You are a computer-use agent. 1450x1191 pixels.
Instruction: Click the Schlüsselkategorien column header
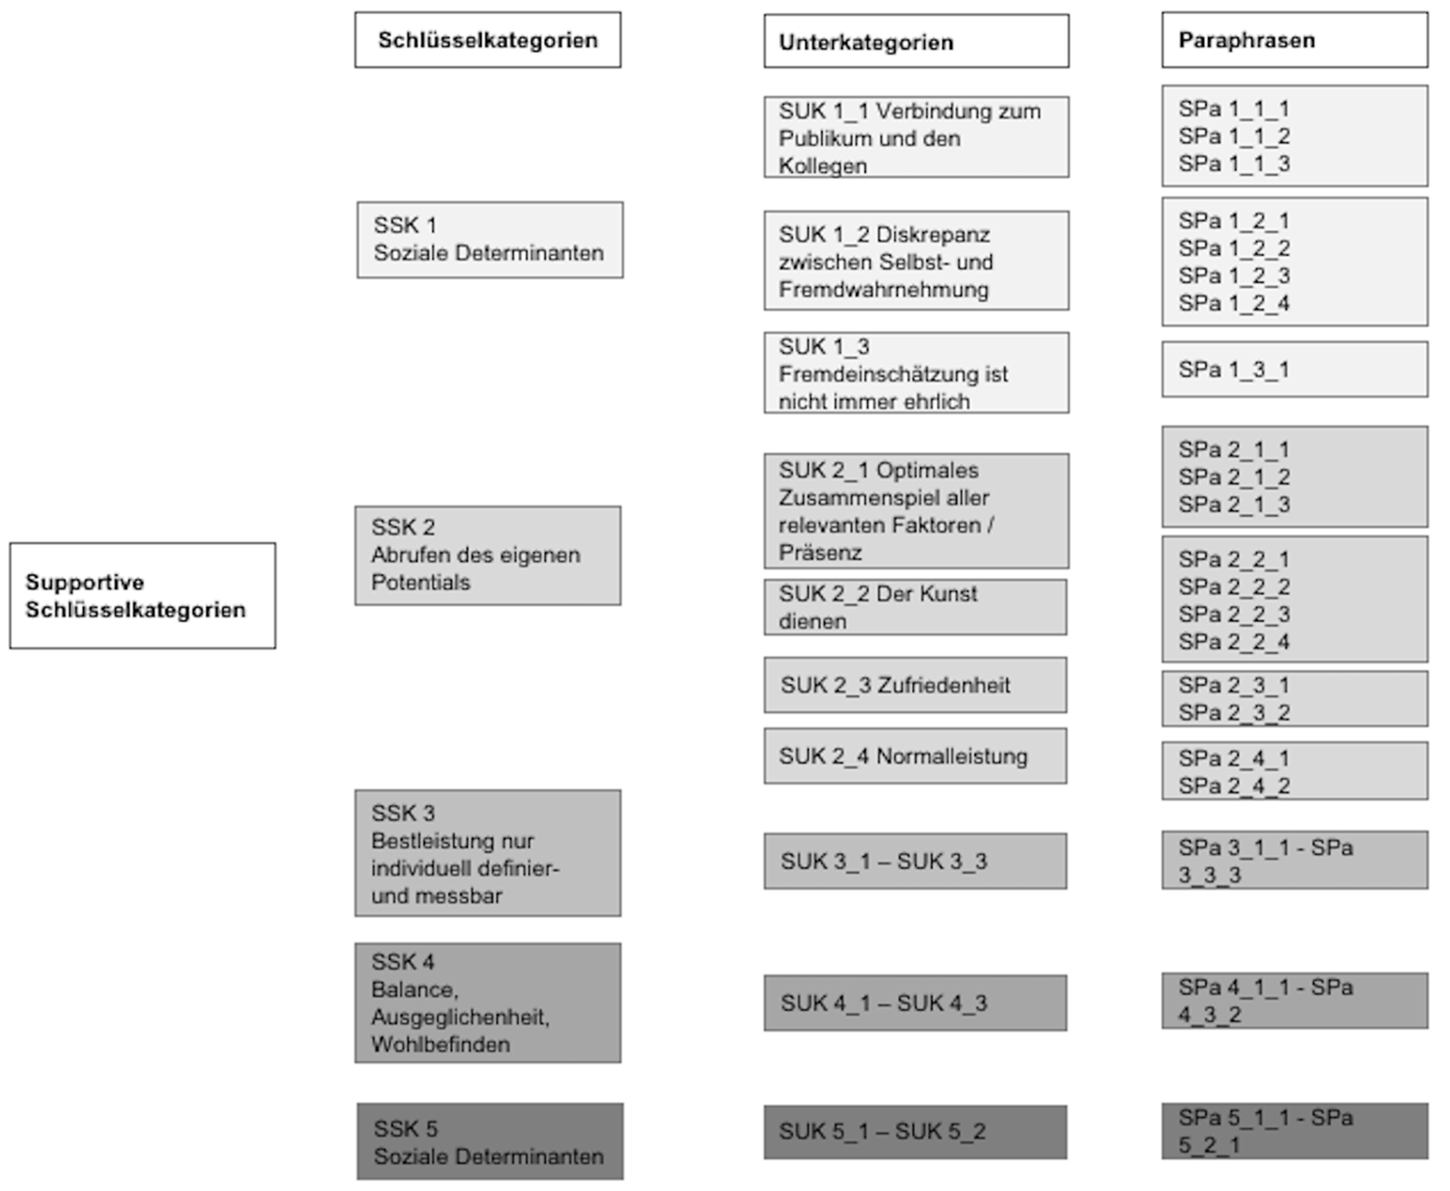488,40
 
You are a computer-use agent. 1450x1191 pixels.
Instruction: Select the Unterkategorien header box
916,41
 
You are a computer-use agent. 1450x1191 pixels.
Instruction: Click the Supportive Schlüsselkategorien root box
143,596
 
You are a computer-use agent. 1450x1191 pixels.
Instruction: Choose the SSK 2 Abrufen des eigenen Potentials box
488,556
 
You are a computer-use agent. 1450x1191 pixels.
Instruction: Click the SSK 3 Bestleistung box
488,853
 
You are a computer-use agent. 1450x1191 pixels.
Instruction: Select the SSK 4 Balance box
488,1003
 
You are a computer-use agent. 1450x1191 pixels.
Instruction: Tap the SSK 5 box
490,1142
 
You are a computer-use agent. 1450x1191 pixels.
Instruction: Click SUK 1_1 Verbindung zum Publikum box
916,137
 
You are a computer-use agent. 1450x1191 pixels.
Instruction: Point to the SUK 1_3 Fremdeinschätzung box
916,373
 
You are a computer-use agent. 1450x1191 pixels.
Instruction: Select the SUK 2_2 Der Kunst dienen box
915,607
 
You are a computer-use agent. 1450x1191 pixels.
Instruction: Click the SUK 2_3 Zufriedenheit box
915,685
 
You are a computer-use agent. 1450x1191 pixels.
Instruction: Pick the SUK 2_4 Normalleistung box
915,756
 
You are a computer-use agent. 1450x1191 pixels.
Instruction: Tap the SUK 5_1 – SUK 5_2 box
915,1132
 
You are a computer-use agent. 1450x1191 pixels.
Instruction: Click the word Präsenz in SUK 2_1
820,552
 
